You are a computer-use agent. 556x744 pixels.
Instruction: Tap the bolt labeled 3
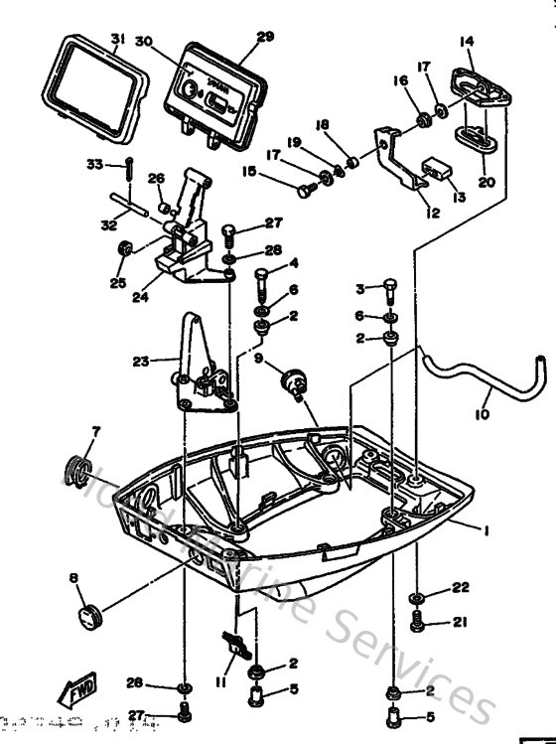tap(390, 289)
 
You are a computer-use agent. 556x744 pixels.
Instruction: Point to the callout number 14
tap(467, 41)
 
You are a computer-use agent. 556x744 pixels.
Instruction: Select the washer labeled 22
tap(418, 599)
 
